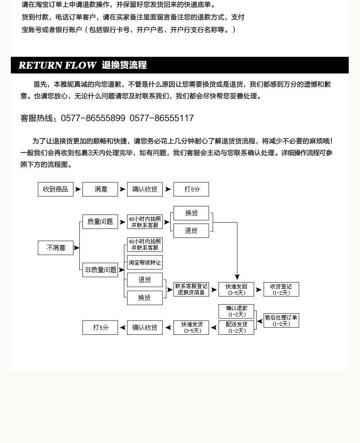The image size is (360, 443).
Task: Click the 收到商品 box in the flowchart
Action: [55, 189]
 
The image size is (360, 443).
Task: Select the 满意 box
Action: [100, 189]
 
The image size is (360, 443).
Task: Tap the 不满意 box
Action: [55, 248]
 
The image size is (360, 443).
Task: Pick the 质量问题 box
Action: [100, 222]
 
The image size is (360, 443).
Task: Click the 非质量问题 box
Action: [100, 270]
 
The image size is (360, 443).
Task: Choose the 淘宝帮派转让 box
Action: [145, 262]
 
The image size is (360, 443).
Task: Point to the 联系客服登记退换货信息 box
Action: [191, 289]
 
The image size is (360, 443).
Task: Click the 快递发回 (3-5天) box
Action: [236, 289]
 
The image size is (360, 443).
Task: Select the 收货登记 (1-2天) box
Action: [281, 289]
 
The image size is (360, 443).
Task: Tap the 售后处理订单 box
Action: [281, 320]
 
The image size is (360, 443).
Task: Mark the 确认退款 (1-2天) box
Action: [236, 311]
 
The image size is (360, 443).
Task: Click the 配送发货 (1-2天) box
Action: [236, 327]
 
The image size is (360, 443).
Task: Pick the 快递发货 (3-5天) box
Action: [191, 327]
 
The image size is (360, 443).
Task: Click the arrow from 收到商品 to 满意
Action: [78, 189]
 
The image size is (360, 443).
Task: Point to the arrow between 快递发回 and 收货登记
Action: [259, 290]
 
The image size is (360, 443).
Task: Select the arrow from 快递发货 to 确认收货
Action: [168, 328]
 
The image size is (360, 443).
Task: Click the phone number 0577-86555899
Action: [93, 119]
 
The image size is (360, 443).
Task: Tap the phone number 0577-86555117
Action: [161, 119]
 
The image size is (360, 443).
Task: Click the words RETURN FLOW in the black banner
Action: [57, 65]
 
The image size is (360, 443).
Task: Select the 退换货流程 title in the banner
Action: [124, 65]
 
